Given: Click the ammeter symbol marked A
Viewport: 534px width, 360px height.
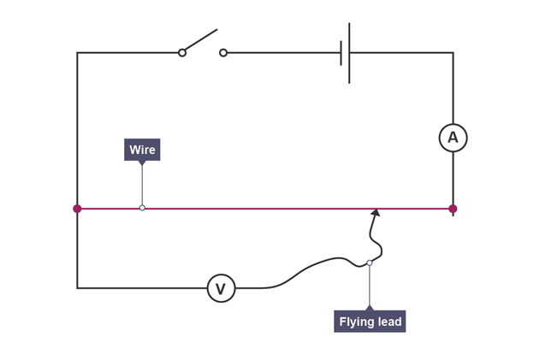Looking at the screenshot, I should (453, 138).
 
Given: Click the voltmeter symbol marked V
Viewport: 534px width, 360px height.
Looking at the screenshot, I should (221, 288).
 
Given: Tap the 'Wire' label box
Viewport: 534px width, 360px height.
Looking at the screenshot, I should (142, 150).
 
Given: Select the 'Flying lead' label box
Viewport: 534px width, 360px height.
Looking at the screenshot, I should (370, 322).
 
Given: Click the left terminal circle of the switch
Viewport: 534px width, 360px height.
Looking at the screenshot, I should (182, 53).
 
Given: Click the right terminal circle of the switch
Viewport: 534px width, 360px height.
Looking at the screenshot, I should (223, 53).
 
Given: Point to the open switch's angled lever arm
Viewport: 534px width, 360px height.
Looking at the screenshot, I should (201, 40).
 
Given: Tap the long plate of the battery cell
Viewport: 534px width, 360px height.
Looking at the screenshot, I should (349, 53).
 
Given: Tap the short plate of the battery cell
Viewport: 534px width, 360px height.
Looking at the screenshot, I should (341, 53).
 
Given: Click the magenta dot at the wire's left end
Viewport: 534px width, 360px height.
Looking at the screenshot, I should (77, 209).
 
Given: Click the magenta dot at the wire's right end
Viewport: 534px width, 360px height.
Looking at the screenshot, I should (453, 209).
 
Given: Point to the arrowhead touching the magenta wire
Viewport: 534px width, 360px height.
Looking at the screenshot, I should (375, 213).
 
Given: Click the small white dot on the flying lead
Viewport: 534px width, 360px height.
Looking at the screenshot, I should (370, 263).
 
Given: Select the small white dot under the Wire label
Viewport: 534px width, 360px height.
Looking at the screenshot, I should (142, 208).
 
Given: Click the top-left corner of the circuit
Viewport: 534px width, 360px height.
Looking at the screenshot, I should (77, 53).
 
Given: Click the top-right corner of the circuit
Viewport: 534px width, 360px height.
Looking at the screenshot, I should (453, 53).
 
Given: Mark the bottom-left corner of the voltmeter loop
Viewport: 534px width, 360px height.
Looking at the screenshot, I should (77, 288).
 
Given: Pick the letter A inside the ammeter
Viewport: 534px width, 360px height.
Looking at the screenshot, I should (453, 138).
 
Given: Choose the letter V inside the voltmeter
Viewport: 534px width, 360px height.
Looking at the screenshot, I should (221, 289).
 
